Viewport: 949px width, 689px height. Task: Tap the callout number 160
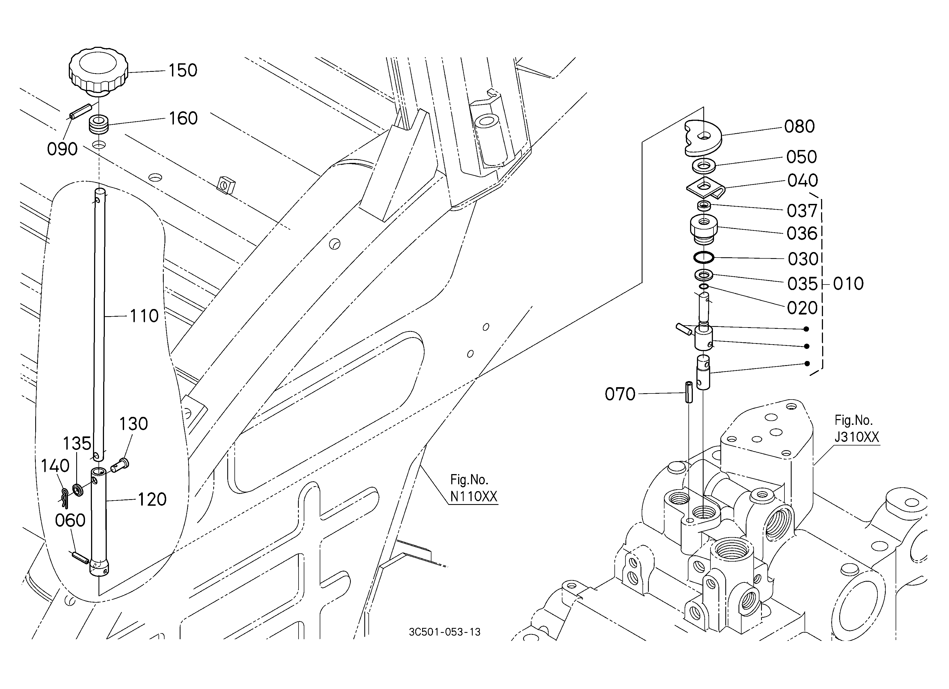coord(183,118)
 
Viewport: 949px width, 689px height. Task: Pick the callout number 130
coord(133,424)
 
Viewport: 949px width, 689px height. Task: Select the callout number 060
coord(70,520)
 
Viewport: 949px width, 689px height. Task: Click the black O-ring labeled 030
coord(703,258)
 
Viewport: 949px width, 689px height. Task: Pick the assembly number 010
coord(848,284)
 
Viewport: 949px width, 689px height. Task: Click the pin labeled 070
coord(688,392)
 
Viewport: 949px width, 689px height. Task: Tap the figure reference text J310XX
coord(857,437)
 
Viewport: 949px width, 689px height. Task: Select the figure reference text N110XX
coord(474,497)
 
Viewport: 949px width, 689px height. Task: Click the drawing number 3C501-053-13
coord(445,632)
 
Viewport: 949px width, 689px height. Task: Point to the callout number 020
coord(802,308)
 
